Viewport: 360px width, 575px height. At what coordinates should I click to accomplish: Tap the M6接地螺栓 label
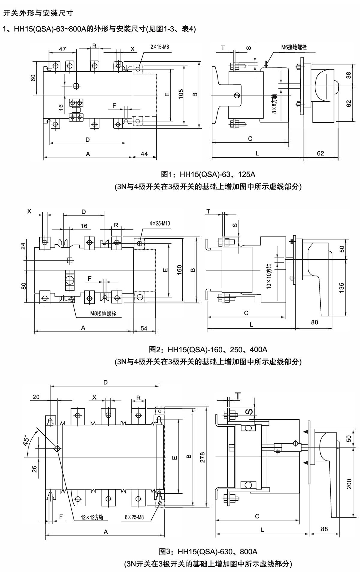point(294,47)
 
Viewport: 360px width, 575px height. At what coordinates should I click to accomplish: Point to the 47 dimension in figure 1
point(62,49)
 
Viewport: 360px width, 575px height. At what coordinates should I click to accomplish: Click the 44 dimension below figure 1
point(144,154)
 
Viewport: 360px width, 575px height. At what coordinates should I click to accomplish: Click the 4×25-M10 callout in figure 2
point(160,223)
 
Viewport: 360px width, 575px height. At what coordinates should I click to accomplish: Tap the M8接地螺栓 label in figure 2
point(103,314)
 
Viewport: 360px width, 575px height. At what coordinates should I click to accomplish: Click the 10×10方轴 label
point(269,276)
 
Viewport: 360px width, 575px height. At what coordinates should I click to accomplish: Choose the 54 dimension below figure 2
point(144,328)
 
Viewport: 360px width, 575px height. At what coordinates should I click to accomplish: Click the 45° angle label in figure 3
point(26,440)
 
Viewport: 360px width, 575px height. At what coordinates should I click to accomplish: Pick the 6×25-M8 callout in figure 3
point(134,517)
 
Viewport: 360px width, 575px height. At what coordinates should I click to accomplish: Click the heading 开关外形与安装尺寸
point(38,13)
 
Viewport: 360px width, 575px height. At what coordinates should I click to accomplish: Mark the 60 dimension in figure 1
point(33,78)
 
